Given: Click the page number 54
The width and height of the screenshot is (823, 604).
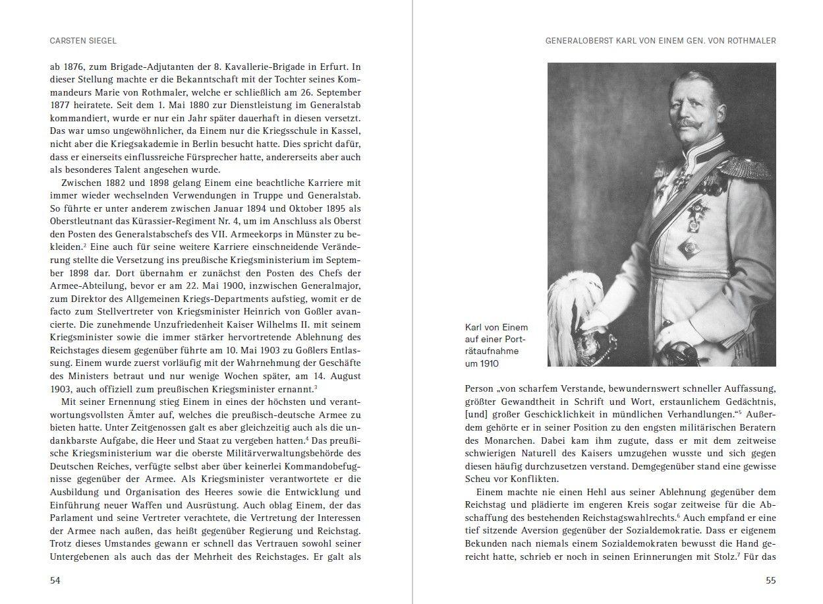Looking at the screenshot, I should coord(55,580).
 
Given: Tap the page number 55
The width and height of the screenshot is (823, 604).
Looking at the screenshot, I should coord(770,580).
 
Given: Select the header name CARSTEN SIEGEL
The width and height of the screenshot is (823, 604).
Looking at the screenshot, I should coord(83,41).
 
